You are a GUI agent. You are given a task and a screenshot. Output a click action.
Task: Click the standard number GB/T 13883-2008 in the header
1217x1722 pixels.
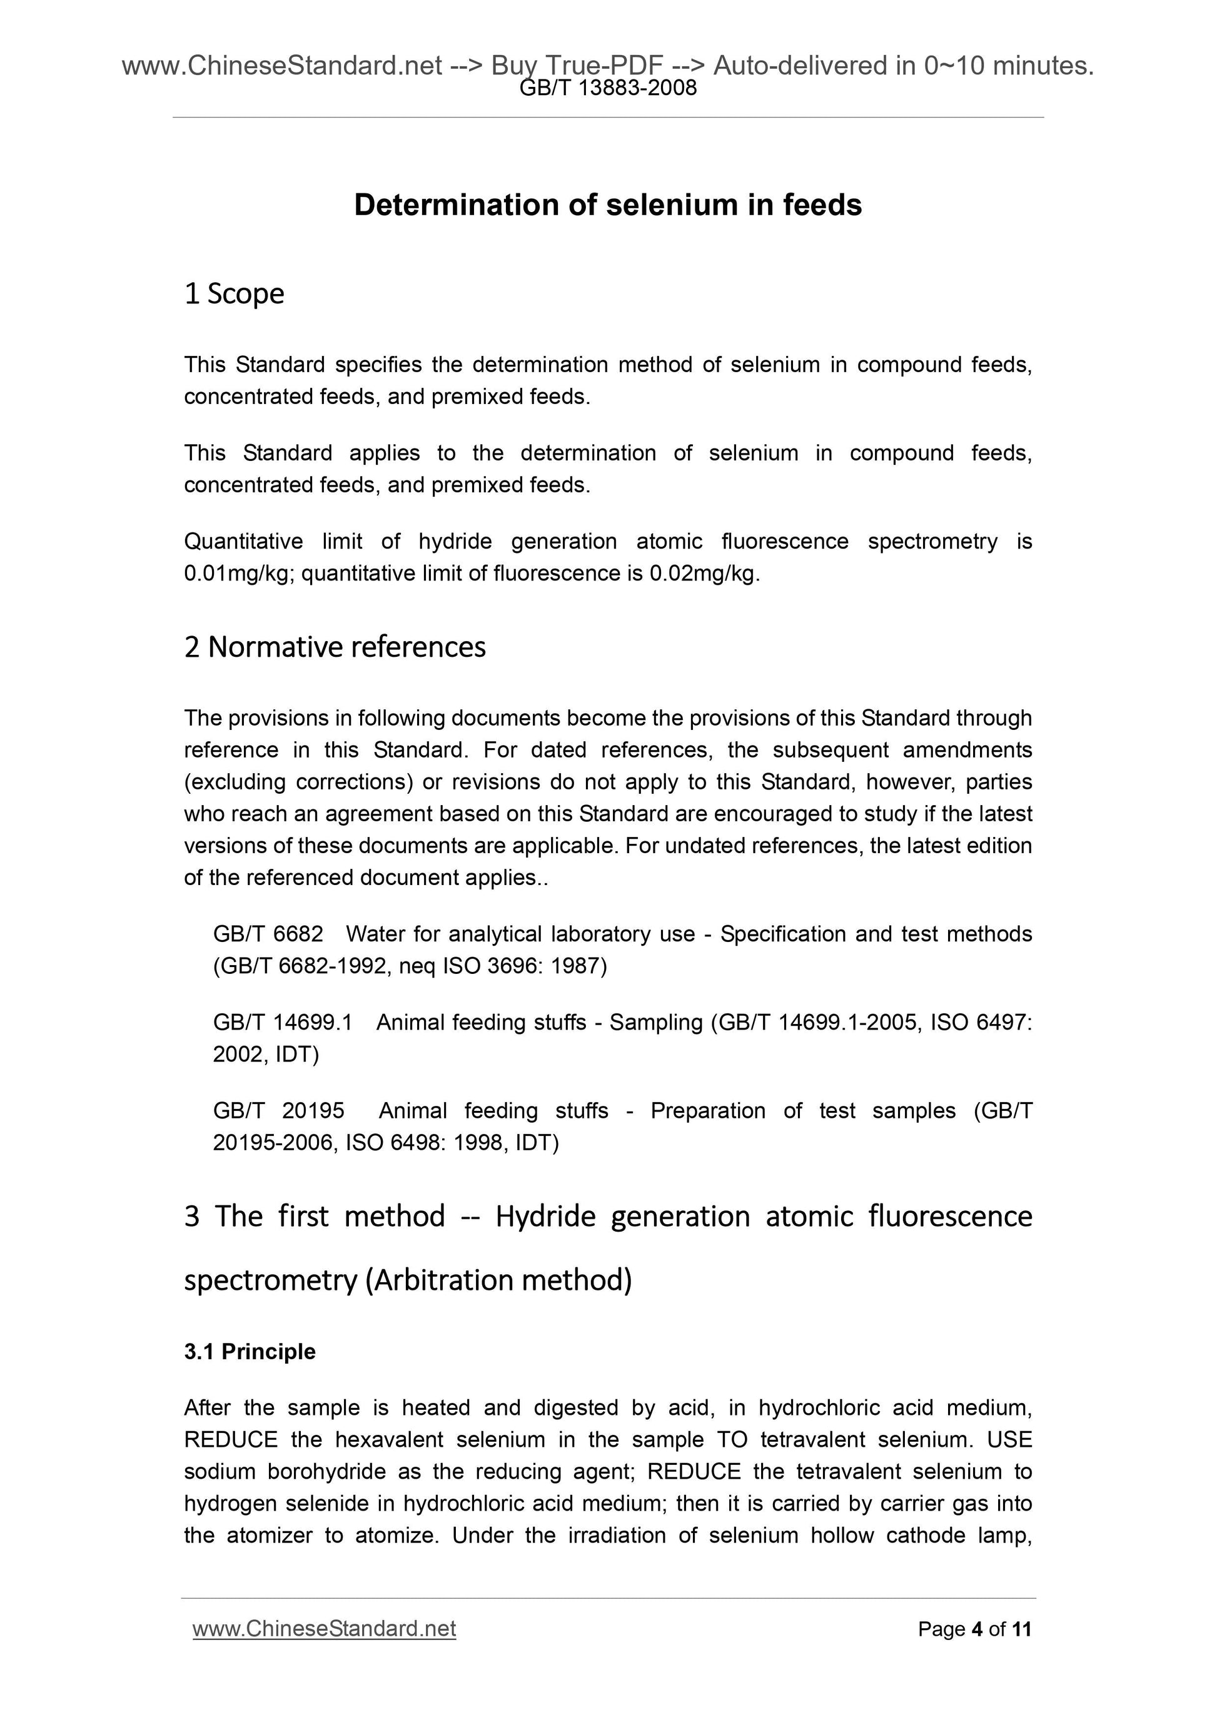tap(607, 88)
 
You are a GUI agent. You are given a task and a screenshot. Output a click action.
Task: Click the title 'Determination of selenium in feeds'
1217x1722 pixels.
tap(607, 205)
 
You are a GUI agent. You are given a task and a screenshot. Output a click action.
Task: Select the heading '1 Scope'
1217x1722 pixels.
tap(234, 293)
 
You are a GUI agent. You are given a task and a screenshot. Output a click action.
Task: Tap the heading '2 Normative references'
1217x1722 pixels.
tap(335, 647)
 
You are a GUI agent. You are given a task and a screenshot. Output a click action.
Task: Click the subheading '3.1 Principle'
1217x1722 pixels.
tap(250, 1352)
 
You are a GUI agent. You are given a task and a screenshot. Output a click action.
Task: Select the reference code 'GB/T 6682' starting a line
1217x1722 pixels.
tap(268, 934)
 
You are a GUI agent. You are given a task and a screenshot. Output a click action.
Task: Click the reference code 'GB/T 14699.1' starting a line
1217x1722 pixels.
tap(283, 1022)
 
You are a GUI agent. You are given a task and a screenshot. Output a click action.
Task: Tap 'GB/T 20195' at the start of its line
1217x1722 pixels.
tap(278, 1111)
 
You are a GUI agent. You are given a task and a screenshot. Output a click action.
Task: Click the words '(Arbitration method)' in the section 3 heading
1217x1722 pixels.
tap(498, 1280)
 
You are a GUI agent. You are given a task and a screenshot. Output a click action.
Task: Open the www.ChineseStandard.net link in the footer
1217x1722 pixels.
tap(324, 1629)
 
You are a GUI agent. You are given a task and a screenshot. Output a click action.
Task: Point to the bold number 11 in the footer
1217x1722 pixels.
tap(1021, 1629)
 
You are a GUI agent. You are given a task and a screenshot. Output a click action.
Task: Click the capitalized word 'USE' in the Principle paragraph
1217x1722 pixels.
tap(1009, 1440)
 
